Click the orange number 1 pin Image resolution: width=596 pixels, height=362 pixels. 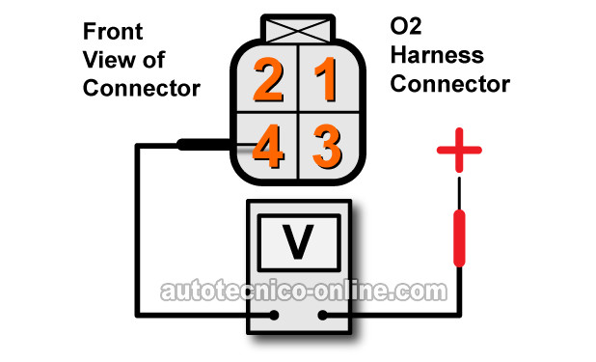[x=327, y=79]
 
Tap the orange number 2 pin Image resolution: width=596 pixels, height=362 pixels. [x=268, y=79]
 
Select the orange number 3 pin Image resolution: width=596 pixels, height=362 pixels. [x=327, y=146]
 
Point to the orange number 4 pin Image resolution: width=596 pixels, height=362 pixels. [x=268, y=146]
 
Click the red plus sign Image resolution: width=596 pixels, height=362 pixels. [x=459, y=150]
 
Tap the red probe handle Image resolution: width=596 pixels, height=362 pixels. [x=459, y=238]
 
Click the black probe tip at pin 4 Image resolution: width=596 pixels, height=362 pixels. [x=203, y=145]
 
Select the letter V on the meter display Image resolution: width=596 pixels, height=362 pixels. [x=298, y=241]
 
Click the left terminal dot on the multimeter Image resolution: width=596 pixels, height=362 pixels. [x=274, y=315]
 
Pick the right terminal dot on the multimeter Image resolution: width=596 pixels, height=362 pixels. [x=322, y=315]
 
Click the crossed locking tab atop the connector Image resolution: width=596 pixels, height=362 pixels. [x=298, y=29]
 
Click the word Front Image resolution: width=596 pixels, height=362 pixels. [x=113, y=31]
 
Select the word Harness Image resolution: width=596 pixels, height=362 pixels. [x=437, y=55]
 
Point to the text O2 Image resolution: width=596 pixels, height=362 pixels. [x=406, y=26]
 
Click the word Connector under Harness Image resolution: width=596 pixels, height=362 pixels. [x=450, y=84]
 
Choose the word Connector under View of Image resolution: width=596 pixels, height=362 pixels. [x=142, y=88]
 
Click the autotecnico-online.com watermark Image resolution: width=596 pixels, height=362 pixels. [x=304, y=292]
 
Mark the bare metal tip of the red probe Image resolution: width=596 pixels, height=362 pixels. [x=459, y=193]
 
